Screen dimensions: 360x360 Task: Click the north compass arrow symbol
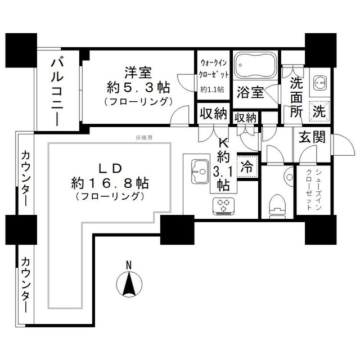tap(129, 283)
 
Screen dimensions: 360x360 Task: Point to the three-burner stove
tap(223, 206)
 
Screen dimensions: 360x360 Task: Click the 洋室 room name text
tap(138, 73)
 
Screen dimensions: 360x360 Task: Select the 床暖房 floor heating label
tap(144, 137)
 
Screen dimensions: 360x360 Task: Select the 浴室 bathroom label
tap(250, 92)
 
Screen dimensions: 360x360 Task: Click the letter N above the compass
tap(129, 265)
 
